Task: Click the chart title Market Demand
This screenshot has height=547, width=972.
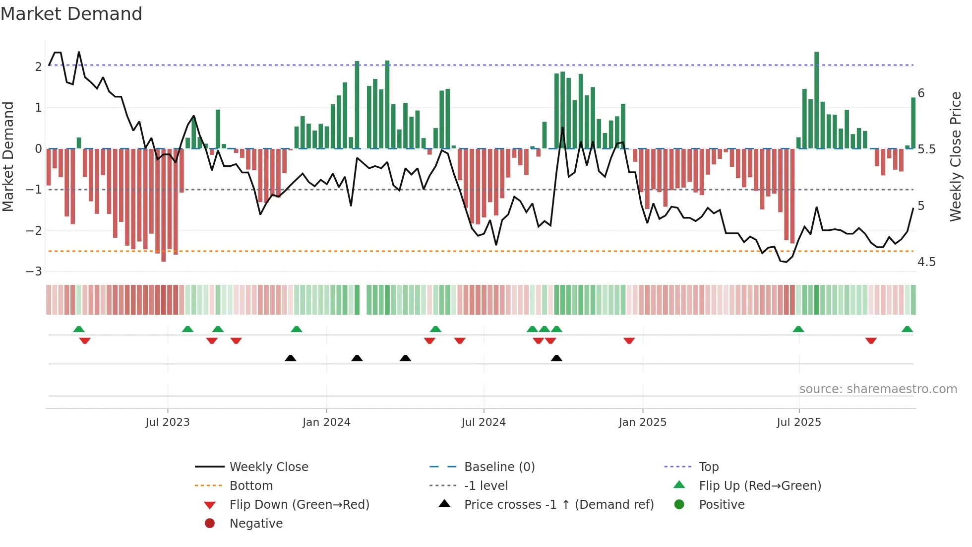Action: [x=71, y=14]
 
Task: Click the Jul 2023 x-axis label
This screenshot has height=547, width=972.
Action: [x=167, y=422]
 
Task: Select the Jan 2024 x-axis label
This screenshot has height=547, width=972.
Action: [x=326, y=422]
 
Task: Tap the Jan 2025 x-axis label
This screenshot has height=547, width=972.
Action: [x=642, y=422]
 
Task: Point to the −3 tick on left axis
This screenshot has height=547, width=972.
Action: [x=34, y=272]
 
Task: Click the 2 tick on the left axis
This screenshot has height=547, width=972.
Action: [x=38, y=67]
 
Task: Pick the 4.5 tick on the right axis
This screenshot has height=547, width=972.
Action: [x=926, y=262]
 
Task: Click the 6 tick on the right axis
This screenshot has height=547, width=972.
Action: [x=921, y=93]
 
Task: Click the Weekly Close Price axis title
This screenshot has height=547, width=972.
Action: [x=955, y=156]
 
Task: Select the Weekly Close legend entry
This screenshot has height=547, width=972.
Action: [x=268, y=467]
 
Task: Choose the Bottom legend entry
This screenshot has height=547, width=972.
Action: [x=251, y=486]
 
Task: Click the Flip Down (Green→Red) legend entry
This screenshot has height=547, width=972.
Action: [x=299, y=505]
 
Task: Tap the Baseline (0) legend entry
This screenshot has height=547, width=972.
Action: [x=499, y=467]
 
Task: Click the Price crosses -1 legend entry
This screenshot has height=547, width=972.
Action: [x=558, y=505]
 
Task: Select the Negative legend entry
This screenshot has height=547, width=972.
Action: [x=256, y=524]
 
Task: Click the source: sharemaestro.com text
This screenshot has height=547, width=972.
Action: [x=878, y=389]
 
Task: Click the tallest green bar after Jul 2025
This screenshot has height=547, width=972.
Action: [x=816, y=99]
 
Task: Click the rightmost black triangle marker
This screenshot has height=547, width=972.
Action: [x=556, y=358]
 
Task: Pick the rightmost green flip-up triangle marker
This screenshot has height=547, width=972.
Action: [x=907, y=329]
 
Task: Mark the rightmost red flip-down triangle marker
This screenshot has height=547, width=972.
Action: [x=871, y=341]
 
